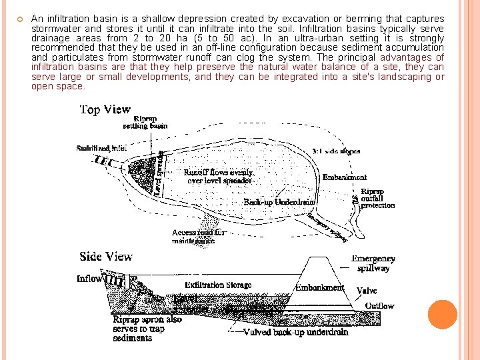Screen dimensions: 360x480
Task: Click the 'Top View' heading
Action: pyautogui.click(x=105, y=109)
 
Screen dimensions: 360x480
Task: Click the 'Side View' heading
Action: pyautogui.click(x=106, y=257)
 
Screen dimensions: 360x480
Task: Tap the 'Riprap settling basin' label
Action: pyautogui.click(x=145, y=122)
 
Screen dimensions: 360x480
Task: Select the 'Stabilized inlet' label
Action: pyautogui.click(x=101, y=148)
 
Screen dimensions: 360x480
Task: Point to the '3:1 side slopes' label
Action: pyautogui.click(x=337, y=151)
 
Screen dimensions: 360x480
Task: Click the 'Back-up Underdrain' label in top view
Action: pyautogui.click(x=279, y=201)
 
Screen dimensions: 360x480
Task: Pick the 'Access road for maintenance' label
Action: pyautogui.click(x=199, y=237)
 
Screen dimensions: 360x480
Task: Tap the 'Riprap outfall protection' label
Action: pyautogui.click(x=377, y=199)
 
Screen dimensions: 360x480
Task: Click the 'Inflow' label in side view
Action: pyautogui.click(x=90, y=279)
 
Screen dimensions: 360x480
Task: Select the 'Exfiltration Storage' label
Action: pyautogui.click(x=218, y=285)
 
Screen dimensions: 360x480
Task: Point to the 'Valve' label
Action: pyautogui.click(x=367, y=291)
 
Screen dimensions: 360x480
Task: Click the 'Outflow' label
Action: pyautogui.click(x=379, y=306)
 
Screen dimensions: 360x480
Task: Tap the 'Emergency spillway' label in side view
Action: pyautogui.click(x=373, y=263)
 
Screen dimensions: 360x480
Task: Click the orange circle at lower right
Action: pyautogui.click(x=443, y=314)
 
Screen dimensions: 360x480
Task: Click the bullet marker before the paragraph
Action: pyautogui.click(x=21, y=19)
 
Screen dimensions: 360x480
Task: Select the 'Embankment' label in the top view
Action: pyautogui.click(x=345, y=177)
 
